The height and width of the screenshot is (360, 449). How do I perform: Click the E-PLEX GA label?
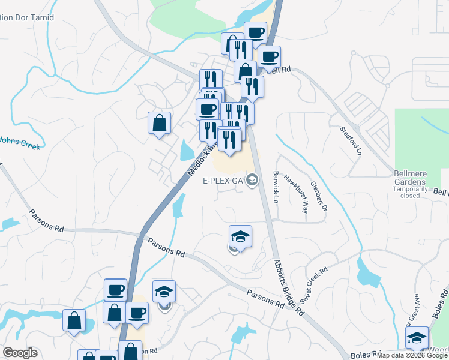[222, 180]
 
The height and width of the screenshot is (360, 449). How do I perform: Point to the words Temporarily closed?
[410, 191]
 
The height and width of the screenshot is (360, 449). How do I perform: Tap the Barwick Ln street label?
[277, 185]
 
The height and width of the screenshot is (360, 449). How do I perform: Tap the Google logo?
[20, 353]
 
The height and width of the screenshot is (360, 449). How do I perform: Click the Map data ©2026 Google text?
[412, 355]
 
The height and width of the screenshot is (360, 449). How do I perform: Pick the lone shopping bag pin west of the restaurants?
[159, 124]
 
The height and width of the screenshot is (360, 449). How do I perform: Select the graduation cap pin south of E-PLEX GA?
[240, 236]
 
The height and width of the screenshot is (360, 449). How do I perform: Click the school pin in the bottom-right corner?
[417, 337]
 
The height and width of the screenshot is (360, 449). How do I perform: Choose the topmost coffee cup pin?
[255, 34]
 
